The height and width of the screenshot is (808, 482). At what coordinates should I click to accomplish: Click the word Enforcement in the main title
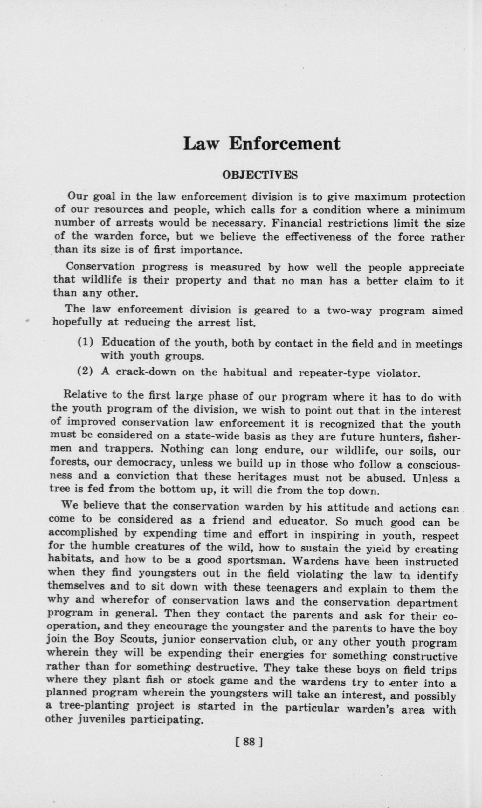285,144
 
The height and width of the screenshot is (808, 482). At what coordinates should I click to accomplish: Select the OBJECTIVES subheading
260,175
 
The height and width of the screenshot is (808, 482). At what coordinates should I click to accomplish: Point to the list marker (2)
86,371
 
